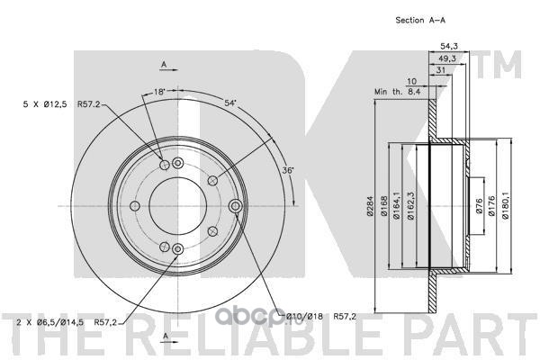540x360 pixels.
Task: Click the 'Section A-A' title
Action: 423,20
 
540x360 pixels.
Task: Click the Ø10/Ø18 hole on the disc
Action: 237,208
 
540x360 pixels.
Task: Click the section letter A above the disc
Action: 164,62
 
